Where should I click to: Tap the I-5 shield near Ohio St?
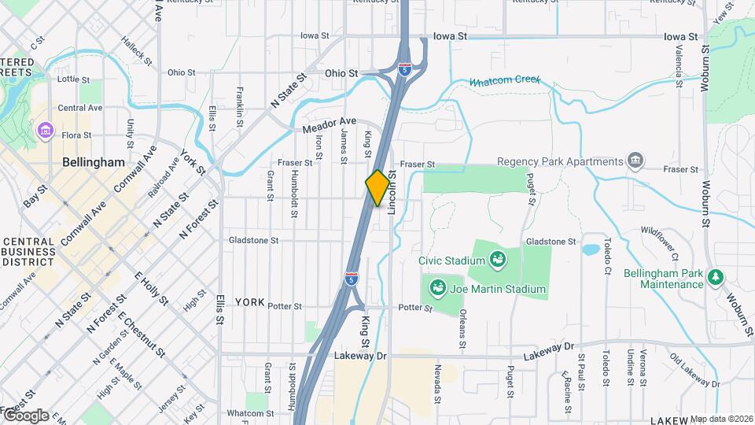point(404,68)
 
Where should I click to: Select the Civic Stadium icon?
point(497,259)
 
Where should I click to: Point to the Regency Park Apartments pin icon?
point(635,161)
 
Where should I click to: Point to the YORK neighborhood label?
point(249,302)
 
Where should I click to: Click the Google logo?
point(26,415)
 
